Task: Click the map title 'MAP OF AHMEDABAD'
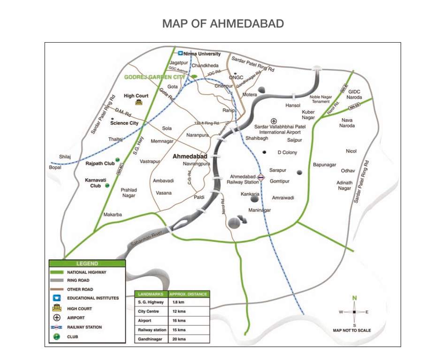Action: (223, 23)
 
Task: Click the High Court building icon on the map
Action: (139, 102)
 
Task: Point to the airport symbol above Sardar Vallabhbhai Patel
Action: (274, 121)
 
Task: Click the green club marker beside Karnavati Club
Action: (107, 186)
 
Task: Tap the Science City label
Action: (124, 123)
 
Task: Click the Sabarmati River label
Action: (146, 238)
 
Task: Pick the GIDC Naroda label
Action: (354, 94)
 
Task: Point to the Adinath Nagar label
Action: (344, 185)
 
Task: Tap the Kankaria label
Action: (250, 193)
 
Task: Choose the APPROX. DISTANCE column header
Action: (188, 293)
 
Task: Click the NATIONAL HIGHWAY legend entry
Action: (87, 272)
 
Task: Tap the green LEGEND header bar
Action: (87, 263)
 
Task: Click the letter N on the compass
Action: (355, 298)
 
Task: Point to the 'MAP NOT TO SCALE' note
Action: (352, 330)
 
